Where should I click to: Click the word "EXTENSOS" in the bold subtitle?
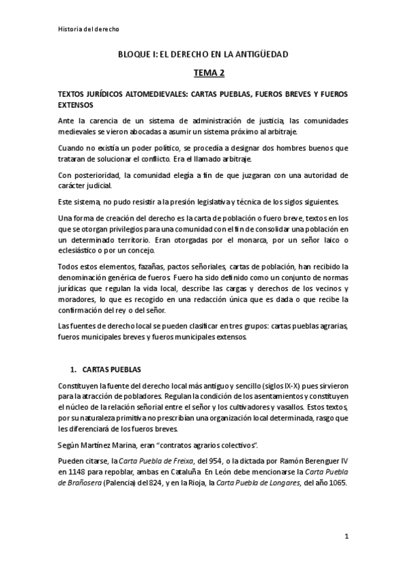(77, 106)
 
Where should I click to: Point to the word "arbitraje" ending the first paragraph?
(250, 131)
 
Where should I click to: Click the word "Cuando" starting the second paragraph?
(72, 148)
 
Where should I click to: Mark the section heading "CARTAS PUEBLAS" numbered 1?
(113, 370)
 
